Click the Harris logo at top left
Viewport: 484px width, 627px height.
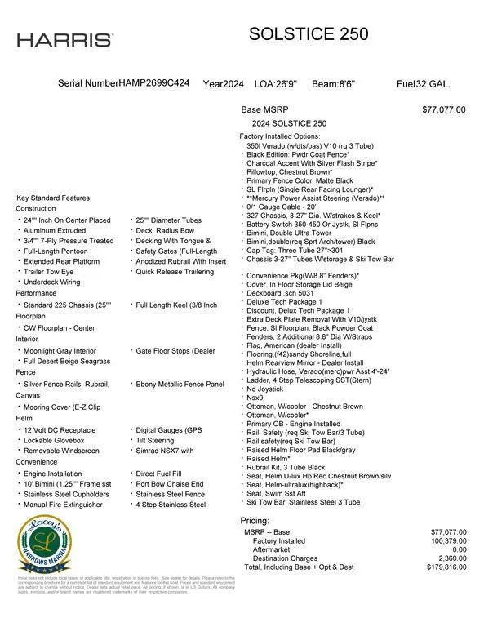65,40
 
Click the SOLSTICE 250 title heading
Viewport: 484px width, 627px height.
309,34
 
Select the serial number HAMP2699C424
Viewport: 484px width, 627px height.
154,84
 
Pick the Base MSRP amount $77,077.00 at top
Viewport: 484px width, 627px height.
444,109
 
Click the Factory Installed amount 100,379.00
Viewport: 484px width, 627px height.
442,540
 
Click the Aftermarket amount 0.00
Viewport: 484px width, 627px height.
455,549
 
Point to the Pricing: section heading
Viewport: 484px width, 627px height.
255,521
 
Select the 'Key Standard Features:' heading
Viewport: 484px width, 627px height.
54,198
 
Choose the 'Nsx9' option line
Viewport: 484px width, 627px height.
255,398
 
